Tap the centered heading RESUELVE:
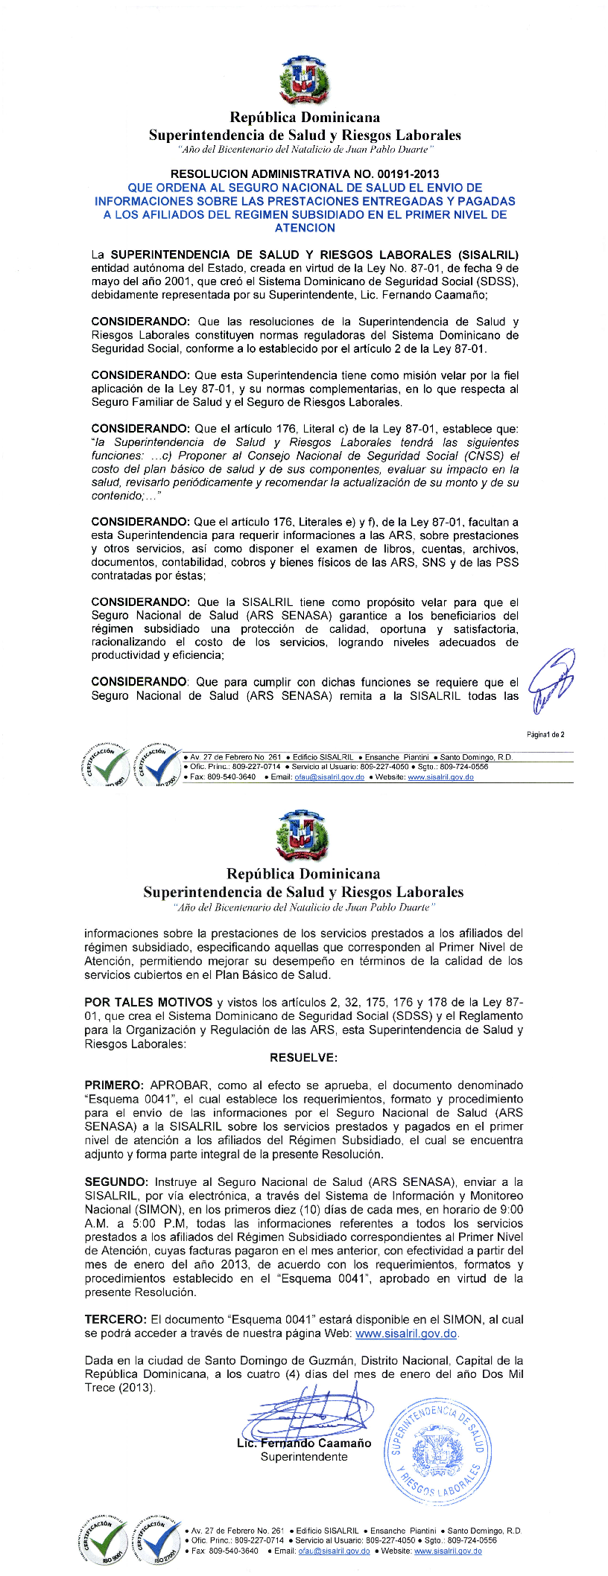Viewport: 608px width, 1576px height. [x=303, y=1057]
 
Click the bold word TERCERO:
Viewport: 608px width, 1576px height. [x=115, y=1319]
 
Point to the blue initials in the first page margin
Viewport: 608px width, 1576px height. [x=552, y=680]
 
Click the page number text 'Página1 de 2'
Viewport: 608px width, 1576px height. [x=545, y=735]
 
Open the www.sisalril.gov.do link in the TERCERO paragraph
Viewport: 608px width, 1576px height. [x=407, y=1333]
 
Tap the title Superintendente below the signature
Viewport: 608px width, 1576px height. [x=304, y=1457]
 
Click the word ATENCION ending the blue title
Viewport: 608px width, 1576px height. [x=305, y=228]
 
